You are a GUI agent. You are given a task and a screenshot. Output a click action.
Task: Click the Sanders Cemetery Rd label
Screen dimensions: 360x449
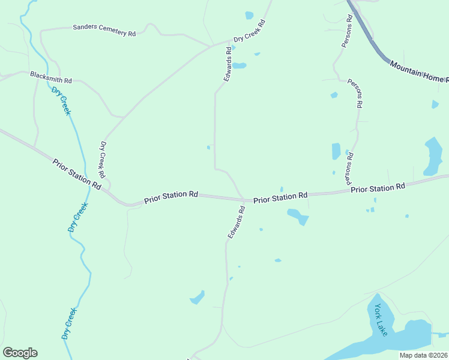pyautogui.click(x=104, y=31)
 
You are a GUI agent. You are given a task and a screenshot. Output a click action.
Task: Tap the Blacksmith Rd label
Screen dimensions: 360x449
pyautogui.click(x=51, y=77)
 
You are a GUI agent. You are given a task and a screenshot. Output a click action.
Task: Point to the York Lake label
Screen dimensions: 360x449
pyautogui.click(x=381, y=320)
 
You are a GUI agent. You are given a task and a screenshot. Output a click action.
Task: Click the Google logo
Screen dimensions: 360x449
pyautogui.click(x=20, y=353)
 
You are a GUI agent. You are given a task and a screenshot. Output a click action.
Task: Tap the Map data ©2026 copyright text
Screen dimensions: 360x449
pyautogui.click(x=423, y=355)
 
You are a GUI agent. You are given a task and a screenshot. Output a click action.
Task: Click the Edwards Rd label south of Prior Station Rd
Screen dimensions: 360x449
pyautogui.click(x=236, y=223)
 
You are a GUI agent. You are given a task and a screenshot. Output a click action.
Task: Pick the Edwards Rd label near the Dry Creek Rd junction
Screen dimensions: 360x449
pyautogui.click(x=228, y=65)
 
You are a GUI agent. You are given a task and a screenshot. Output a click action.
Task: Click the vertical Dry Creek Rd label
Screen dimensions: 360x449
pyautogui.click(x=103, y=160)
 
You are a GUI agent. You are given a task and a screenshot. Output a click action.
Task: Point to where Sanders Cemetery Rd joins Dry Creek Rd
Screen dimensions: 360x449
pyautogui.click(x=211, y=45)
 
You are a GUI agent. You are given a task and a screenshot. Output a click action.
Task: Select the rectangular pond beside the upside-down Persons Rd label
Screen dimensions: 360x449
pyautogui.click(x=336, y=151)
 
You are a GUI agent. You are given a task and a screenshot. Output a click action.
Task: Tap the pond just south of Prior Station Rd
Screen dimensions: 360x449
pyautogui.click(x=298, y=215)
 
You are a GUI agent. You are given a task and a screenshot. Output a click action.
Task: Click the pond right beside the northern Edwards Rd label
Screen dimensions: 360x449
pyautogui.click(x=239, y=65)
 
